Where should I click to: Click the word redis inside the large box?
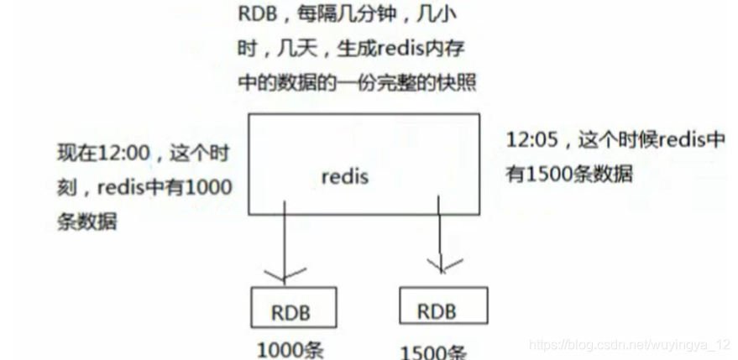click(345, 178)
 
